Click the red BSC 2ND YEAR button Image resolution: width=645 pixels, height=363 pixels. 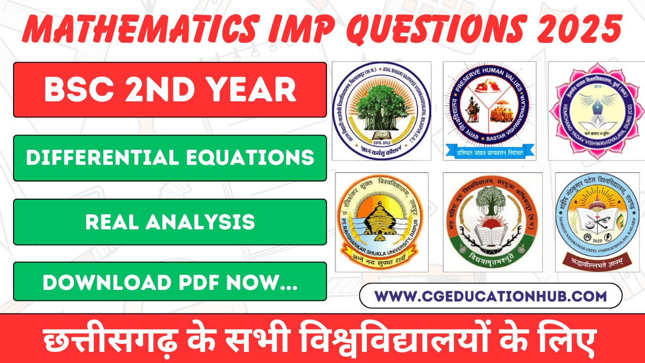coord(170,90)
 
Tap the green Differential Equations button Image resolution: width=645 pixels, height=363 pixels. coord(170,158)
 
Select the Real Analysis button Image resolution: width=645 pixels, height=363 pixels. coord(170,222)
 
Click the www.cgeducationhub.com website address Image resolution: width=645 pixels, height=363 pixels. coord(490,295)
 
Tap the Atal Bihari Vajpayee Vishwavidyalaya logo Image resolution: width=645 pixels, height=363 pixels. coord(381,111)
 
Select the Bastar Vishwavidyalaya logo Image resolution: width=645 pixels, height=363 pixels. coord(489,111)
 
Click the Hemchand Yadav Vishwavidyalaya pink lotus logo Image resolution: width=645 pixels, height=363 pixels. coord(597,111)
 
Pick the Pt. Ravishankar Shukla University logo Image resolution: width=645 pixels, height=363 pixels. coord(381,222)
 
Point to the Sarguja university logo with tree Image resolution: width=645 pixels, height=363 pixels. coord(492,222)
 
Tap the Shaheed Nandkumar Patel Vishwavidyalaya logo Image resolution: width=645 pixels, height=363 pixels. coord(597,222)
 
